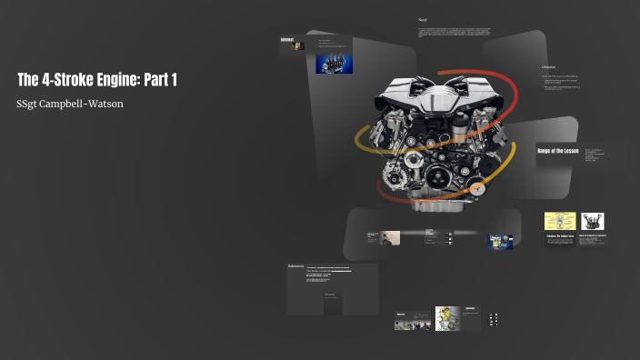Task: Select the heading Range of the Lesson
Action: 559,151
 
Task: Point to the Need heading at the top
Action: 423,20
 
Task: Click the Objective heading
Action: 548,67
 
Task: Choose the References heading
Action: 295,266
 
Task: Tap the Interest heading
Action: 287,39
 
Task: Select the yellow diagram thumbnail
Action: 560,222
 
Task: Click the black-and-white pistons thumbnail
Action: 592,222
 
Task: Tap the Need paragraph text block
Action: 455,33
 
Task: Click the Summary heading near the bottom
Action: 470,309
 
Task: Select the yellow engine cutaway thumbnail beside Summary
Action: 447,318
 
